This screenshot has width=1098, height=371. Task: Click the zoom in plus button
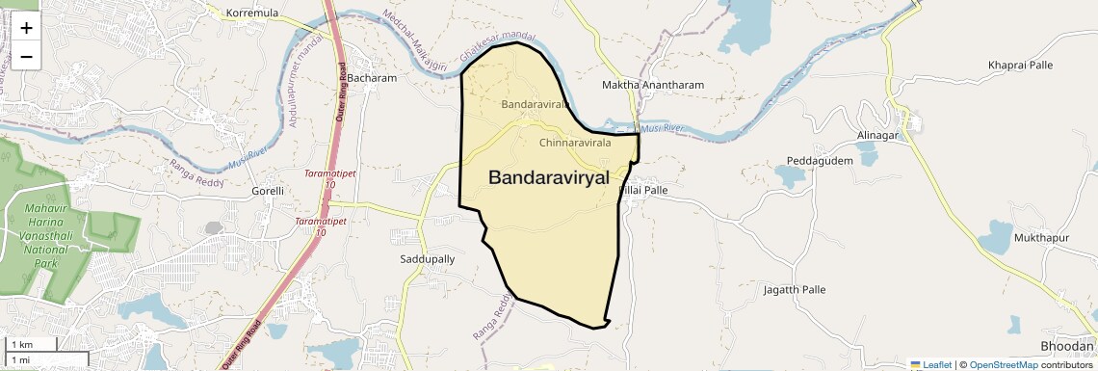point(26,28)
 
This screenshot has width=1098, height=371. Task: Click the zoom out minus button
point(26,56)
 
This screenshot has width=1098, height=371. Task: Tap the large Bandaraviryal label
point(549,177)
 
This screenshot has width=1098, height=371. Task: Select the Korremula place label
point(251,13)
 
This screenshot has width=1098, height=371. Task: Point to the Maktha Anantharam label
point(652,85)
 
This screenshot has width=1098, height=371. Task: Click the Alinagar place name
point(877,136)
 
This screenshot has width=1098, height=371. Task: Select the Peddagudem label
point(820,161)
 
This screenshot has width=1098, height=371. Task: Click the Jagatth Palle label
point(794,289)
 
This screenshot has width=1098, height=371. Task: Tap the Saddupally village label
point(427,259)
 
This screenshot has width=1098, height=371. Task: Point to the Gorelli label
point(267,191)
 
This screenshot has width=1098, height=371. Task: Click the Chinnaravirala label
point(575,143)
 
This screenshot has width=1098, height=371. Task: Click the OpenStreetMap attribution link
point(1003,364)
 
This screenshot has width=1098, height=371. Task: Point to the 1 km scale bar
point(31,344)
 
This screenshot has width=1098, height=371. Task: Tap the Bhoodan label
point(1067,346)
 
